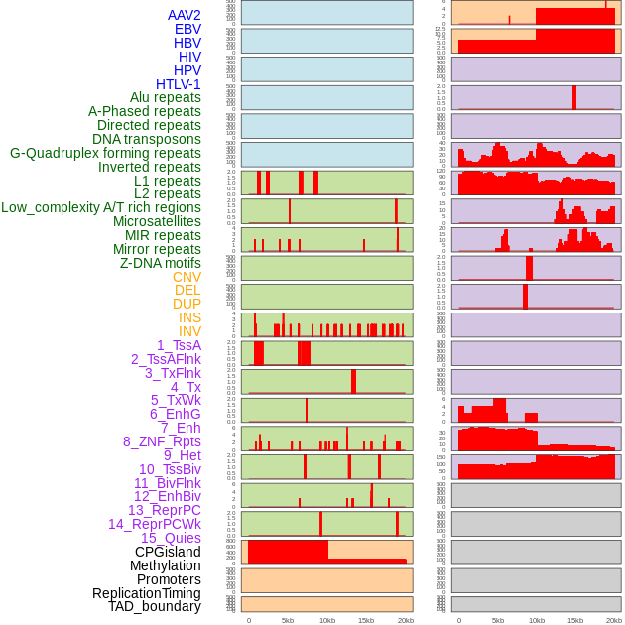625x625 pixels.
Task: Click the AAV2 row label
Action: (x=185, y=16)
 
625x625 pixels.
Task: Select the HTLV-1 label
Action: (x=178, y=84)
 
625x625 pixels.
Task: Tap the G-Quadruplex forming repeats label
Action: (x=105, y=153)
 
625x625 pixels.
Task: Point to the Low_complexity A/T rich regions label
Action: (x=101, y=207)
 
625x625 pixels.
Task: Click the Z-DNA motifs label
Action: (x=161, y=263)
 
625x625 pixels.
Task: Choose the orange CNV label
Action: (x=187, y=277)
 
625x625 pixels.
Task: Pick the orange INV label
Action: (x=189, y=331)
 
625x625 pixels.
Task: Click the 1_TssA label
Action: (x=179, y=345)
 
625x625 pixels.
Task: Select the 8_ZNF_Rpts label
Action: (x=162, y=441)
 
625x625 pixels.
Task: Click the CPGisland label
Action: (x=168, y=552)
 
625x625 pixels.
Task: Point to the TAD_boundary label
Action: (x=155, y=606)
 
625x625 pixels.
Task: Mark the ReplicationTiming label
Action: (x=147, y=593)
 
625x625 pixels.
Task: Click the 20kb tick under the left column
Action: (x=405, y=620)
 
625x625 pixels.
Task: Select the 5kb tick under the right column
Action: (x=498, y=620)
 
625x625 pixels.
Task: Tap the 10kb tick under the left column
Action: (x=326, y=620)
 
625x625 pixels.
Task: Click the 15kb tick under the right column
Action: (x=575, y=620)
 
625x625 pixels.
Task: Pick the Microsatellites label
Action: (x=157, y=221)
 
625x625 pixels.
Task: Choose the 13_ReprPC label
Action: (x=164, y=510)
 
